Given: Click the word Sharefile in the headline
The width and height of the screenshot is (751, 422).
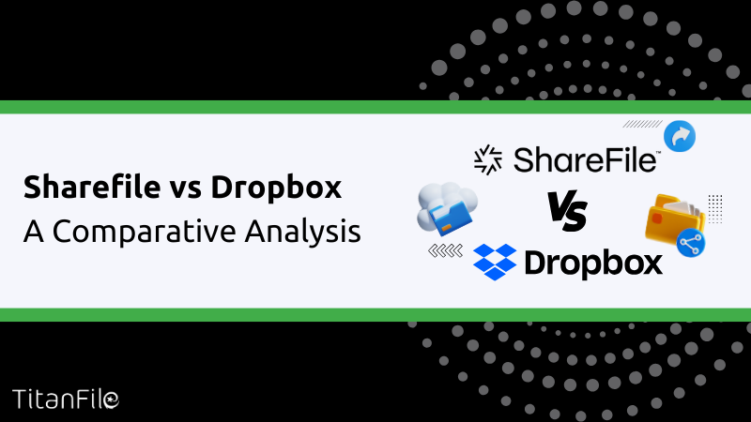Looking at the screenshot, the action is coord(92,186).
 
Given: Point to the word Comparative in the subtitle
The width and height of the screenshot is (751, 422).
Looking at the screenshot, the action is coord(145,232).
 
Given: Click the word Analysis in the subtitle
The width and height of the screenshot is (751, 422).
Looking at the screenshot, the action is coord(302,232).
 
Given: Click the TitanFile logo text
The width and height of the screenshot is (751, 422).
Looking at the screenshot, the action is coord(66,399).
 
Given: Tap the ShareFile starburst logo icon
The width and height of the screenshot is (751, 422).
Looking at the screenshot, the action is coord(488,159).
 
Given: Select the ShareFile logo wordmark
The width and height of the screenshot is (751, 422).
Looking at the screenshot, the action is coord(585,159).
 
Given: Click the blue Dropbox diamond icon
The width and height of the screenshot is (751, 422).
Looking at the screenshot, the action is coord(495,262).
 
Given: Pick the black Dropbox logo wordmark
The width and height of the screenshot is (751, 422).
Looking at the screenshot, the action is coord(594,264).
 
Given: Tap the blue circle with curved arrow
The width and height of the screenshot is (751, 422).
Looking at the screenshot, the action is coord(680,136).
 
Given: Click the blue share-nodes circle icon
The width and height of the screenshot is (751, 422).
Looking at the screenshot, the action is coord(691,244).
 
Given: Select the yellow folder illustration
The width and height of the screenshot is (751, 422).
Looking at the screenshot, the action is coord(673,219).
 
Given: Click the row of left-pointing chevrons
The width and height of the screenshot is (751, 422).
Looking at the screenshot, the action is coord(445,250).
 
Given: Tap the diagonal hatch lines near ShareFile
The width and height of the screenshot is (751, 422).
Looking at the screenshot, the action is coord(642,124).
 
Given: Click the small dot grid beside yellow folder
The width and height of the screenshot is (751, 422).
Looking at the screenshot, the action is coord(715,209).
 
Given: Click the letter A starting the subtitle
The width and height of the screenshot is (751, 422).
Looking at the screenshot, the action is coord(34,232).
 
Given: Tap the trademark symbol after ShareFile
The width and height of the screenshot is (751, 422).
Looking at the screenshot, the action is coord(658,153).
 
